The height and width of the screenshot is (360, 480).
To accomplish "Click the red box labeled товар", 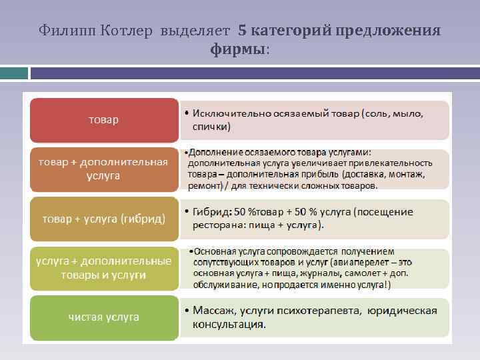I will pos(104,120).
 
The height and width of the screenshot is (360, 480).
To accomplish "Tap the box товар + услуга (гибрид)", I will pos(104,219).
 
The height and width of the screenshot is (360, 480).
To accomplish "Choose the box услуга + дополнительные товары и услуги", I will pos(104,268).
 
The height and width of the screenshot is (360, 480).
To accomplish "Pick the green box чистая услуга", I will pos(104,317).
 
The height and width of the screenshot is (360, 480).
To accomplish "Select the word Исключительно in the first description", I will pos(230,114).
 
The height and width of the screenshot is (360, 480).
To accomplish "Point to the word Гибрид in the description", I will pos(211,212).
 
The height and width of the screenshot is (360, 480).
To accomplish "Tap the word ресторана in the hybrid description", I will pos(217,225).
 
